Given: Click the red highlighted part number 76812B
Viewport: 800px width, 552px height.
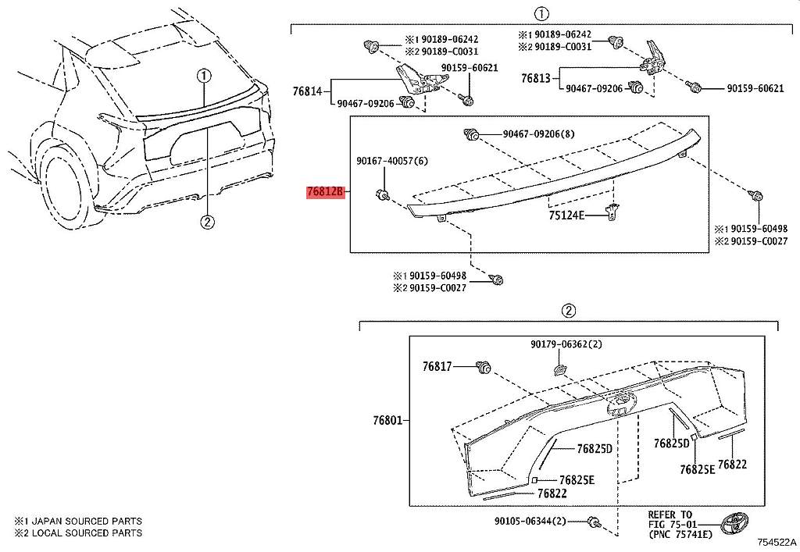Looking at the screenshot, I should [x=325, y=191].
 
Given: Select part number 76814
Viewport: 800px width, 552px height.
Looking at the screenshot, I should [x=307, y=91].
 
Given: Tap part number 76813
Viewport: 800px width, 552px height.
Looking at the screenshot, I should [x=536, y=78].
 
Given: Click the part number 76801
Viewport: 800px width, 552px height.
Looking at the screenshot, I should [x=387, y=421].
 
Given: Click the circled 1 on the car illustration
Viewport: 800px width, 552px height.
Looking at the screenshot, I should [x=203, y=76].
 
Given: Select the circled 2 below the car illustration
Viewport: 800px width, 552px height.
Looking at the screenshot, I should [x=207, y=223].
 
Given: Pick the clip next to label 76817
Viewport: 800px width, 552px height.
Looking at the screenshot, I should [x=483, y=365].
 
